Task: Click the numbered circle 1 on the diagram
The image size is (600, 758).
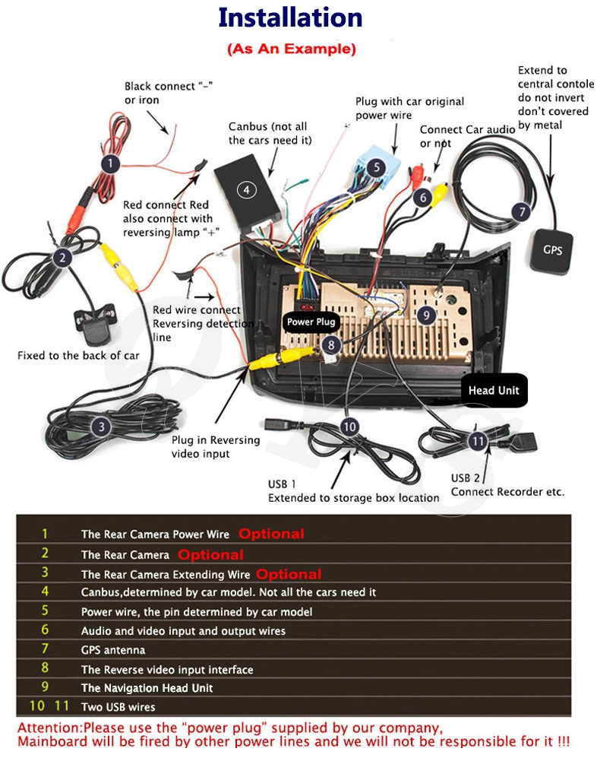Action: [111, 163]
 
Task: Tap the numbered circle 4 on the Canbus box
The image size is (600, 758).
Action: [246, 189]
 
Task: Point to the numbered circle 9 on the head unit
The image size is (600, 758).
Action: [426, 313]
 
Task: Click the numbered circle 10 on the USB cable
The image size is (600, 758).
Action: [349, 427]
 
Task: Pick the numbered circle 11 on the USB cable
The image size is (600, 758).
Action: [477, 440]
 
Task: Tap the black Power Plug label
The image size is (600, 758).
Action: [311, 322]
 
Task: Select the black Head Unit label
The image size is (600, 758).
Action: [493, 391]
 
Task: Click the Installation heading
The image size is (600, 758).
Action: [291, 18]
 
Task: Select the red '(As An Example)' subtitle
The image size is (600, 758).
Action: [291, 49]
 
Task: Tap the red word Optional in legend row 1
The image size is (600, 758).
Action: [271, 534]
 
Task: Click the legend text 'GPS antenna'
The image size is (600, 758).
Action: [113, 650]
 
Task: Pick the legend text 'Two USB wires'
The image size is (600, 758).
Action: [118, 707]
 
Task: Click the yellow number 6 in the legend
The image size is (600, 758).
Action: [45, 630]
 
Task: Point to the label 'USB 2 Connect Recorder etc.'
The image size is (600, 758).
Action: [507, 485]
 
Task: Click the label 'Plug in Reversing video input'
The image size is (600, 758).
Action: [216, 447]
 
